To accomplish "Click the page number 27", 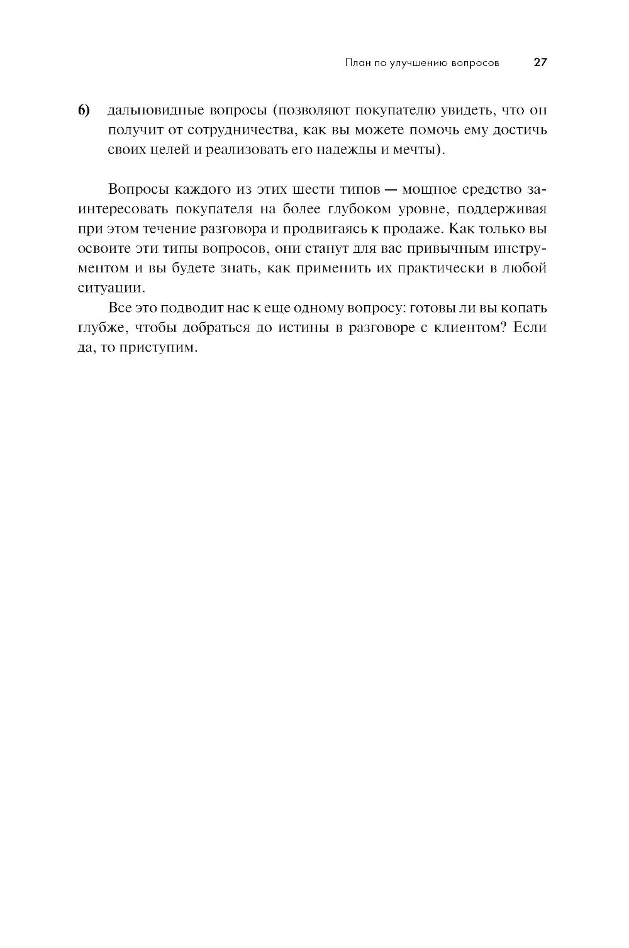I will pos(541,63).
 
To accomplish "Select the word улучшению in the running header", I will pos(418,63).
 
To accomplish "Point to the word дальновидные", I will pos(155,111).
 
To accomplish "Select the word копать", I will pos(524,308).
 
